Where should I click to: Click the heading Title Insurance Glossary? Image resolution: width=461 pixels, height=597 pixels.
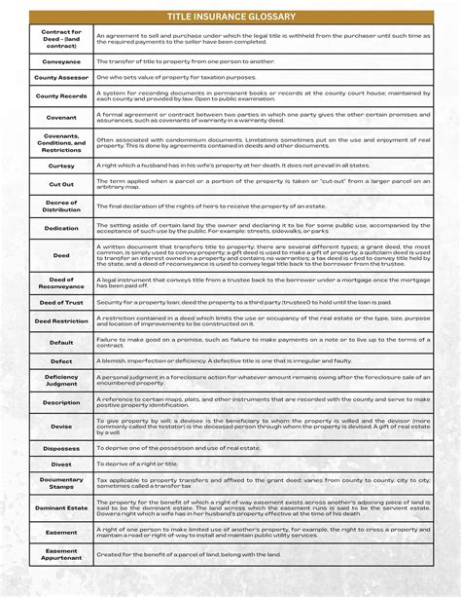pyautogui.click(x=230, y=17)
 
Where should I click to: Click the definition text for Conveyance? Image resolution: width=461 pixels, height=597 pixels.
pyautogui.click(x=195, y=60)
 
